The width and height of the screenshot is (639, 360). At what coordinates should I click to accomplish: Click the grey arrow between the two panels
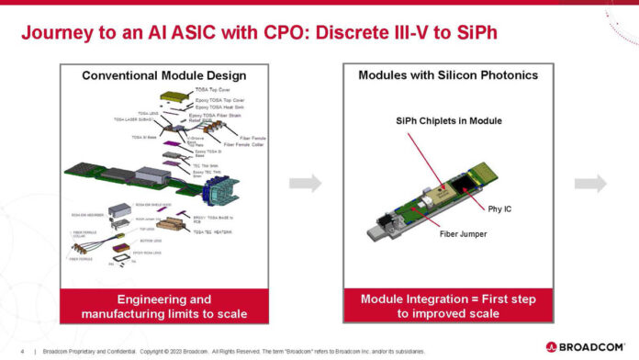point(311,184)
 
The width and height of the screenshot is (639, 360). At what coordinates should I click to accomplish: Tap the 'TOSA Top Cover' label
point(213,90)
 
